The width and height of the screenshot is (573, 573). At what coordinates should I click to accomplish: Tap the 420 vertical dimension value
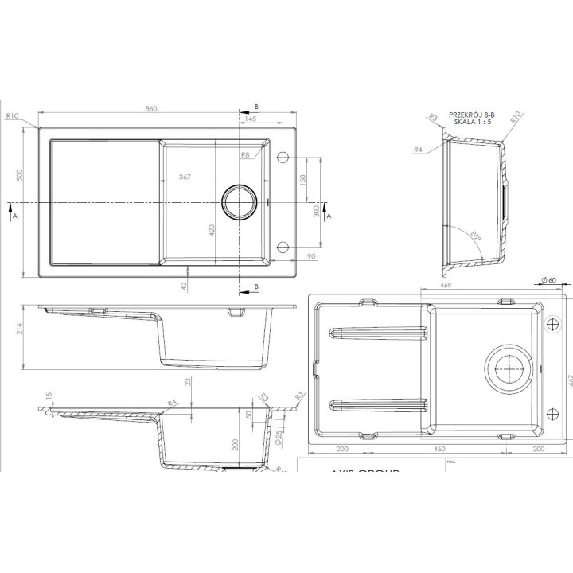tap(212, 232)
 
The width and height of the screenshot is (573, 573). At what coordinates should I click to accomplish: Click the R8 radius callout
tap(245, 155)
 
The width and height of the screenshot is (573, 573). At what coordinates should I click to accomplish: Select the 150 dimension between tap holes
tap(302, 180)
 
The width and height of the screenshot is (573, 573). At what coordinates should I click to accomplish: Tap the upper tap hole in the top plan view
tap(284, 157)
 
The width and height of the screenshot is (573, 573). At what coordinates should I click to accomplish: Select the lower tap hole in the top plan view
tap(284, 248)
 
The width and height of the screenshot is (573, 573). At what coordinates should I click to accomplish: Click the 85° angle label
tap(475, 235)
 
